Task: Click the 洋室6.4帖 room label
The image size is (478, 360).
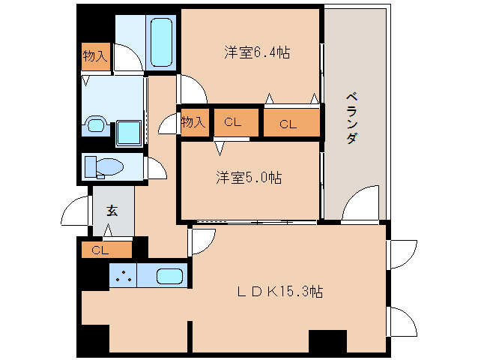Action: point(257,52)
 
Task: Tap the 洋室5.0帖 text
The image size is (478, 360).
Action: point(249,178)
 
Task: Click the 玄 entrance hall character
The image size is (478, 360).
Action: point(111,210)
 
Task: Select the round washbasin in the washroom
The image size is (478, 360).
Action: point(95,124)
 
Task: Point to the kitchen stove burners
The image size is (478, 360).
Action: point(123,276)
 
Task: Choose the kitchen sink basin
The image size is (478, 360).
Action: point(170,276)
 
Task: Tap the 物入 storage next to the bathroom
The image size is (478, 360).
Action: point(95,56)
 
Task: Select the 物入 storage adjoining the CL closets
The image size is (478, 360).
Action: point(193,122)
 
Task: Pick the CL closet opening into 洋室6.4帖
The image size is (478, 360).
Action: point(288,124)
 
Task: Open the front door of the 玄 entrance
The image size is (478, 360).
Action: point(75,211)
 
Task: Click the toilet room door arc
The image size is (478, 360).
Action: point(156,168)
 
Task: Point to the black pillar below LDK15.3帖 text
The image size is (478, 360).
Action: point(327,341)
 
